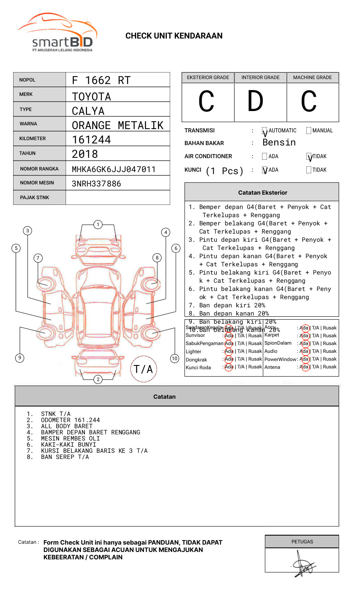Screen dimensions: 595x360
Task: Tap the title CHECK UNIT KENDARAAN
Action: [x=174, y=36]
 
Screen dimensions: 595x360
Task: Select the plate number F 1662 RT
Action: [x=101, y=80]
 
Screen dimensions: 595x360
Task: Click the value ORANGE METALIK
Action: [x=117, y=125]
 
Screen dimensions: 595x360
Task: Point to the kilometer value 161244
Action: [x=91, y=140]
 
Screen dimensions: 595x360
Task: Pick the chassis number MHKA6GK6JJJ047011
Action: [x=114, y=169]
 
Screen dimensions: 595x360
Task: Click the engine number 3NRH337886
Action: [x=96, y=184]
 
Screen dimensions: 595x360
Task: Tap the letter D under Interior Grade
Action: [x=255, y=102]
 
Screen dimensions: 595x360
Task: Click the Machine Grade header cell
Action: [x=312, y=77]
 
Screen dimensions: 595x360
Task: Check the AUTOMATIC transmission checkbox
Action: [x=265, y=131]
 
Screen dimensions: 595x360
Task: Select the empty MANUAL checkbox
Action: [x=309, y=131]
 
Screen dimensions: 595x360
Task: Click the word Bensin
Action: [x=279, y=143]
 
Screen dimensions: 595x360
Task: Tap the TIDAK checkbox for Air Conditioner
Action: [x=309, y=157]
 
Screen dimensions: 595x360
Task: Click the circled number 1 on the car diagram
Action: [x=98, y=225]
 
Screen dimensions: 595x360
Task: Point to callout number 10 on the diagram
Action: [x=175, y=359]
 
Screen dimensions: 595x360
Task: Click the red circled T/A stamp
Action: [x=143, y=369]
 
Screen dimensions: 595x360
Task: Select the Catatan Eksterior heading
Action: [x=262, y=193]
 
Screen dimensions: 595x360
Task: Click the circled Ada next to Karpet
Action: [x=304, y=336]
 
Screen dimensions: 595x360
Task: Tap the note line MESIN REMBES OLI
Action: [x=70, y=438]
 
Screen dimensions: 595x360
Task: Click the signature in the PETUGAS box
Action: [x=303, y=565]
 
